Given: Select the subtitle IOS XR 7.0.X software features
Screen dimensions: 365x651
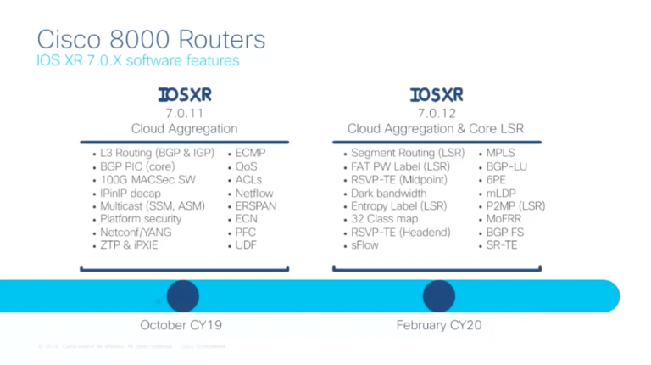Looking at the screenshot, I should [138, 61].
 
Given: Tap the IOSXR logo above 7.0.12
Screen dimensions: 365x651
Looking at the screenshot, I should [436, 94].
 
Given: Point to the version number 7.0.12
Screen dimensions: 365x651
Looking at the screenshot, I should [436, 112].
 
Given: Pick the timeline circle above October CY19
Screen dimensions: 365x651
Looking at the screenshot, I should [182, 295].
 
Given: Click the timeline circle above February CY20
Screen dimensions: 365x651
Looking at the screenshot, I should [439, 295].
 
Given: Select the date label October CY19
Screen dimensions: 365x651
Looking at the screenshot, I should [183, 326].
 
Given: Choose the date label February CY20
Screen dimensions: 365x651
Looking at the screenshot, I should [439, 326].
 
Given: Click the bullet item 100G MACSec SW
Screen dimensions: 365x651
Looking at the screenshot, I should [144, 179].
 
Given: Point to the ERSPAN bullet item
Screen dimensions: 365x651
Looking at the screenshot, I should [255, 205].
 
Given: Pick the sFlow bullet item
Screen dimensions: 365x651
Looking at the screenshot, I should [365, 245].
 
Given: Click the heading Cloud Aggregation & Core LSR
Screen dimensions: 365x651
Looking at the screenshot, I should [436, 128].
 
